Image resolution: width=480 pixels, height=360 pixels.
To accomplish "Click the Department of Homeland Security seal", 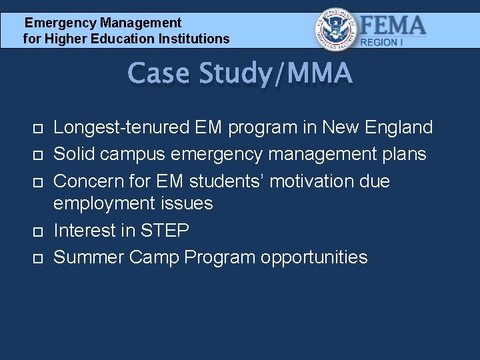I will [x=336, y=30].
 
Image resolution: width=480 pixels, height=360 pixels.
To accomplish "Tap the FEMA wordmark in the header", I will [x=393, y=26].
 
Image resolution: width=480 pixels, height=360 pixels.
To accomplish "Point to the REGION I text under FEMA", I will [x=382, y=42].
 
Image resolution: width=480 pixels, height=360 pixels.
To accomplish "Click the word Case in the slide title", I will [x=158, y=74].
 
